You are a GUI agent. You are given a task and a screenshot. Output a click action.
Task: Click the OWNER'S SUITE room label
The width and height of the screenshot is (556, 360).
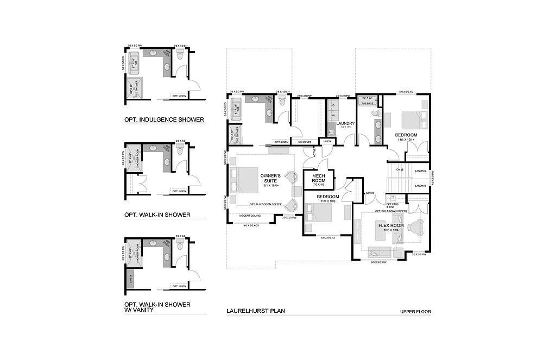click(x=270, y=179)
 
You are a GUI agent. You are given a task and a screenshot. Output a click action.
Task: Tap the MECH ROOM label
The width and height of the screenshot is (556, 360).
click(x=318, y=178)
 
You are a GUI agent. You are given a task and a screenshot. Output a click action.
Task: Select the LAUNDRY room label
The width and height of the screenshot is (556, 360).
click(x=345, y=123)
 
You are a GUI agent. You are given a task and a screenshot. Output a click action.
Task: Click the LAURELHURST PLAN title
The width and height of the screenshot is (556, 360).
click(x=256, y=312)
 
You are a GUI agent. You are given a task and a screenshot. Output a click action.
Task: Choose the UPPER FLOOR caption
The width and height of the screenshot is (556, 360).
click(x=415, y=312)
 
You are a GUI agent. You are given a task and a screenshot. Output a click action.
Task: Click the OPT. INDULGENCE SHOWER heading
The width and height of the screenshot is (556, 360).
click(x=164, y=119)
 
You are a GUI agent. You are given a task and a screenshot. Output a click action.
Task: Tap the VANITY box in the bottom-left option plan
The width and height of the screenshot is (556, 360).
click(x=130, y=280)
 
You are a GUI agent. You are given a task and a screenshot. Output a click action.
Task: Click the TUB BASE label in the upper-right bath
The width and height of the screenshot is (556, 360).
click(x=368, y=103)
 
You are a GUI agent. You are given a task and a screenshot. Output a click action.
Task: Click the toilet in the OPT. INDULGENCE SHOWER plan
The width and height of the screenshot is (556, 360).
click(x=180, y=55)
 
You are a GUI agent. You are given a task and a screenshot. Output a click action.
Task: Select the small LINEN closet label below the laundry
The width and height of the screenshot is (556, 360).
click(x=327, y=141)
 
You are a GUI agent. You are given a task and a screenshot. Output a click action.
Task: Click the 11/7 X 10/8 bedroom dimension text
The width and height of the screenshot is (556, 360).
click(x=327, y=201)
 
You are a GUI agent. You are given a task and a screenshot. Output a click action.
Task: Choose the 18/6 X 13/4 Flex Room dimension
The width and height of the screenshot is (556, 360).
click(x=390, y=230)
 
